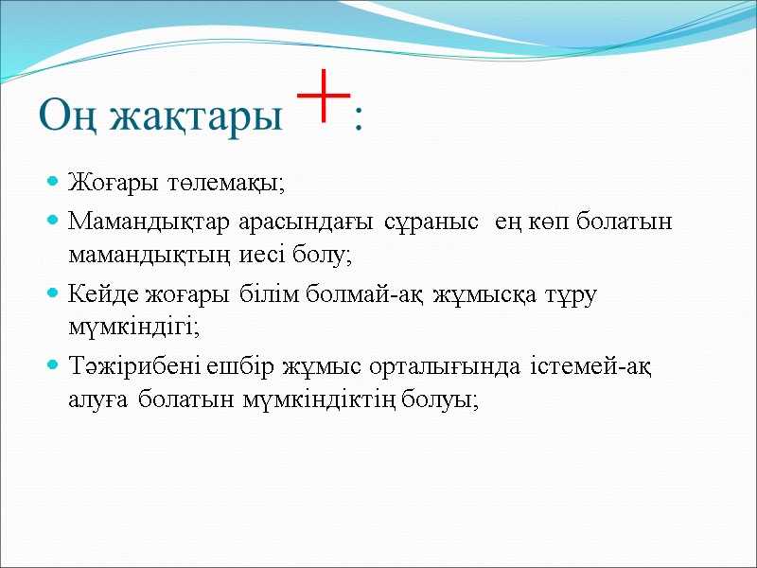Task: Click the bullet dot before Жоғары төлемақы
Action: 53,181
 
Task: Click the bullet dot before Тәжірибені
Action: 53,365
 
